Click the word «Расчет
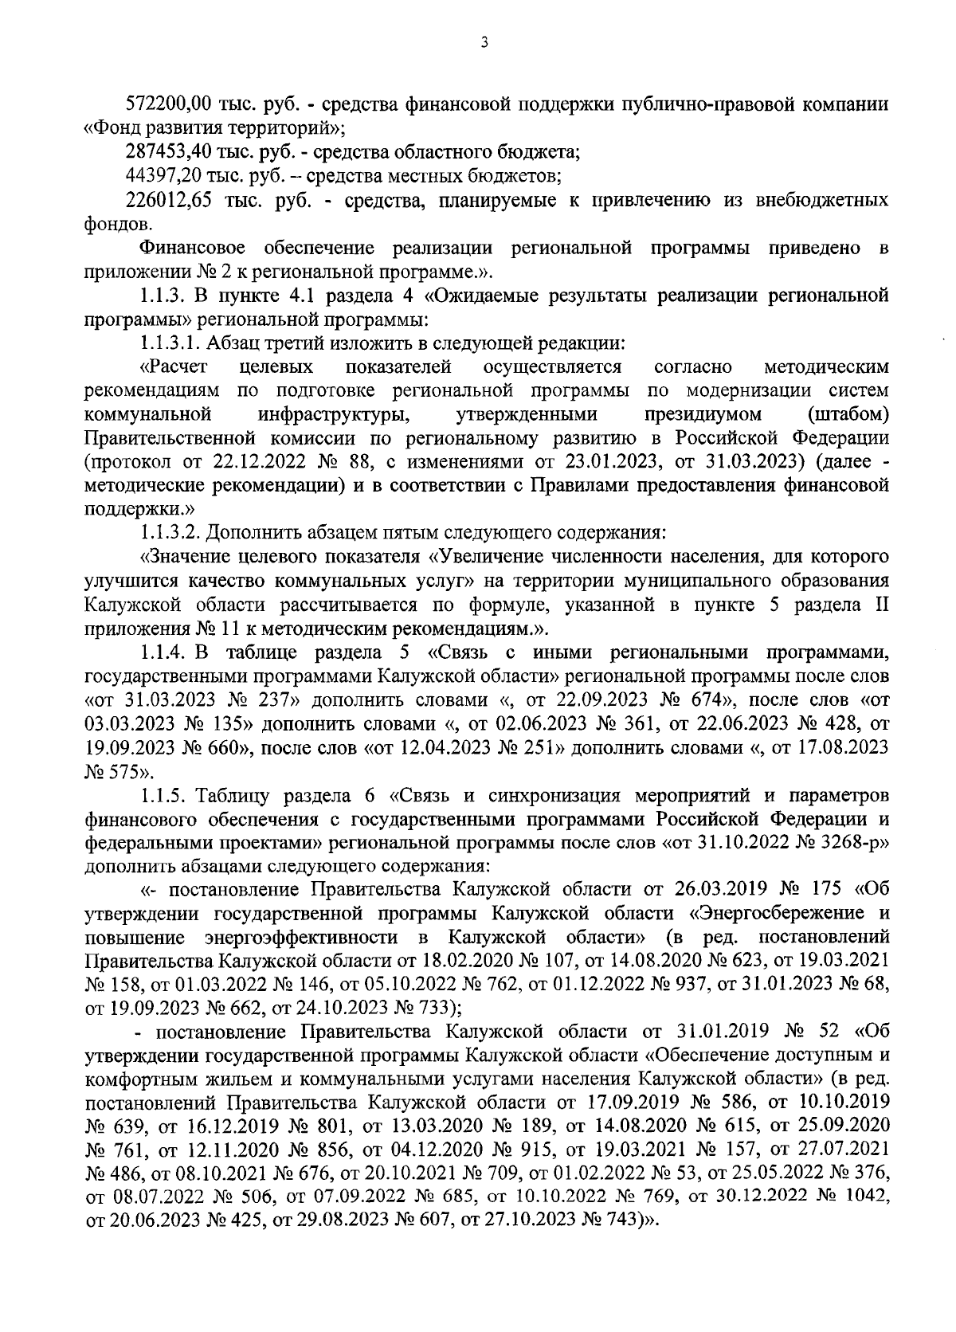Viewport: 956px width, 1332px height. click(x=174, y=367)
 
